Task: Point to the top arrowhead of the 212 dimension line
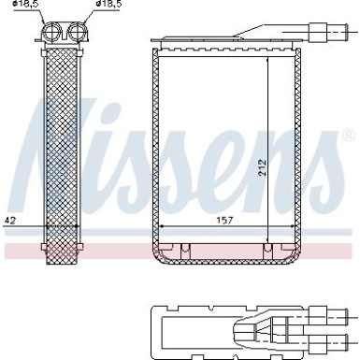tap(268, 57)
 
